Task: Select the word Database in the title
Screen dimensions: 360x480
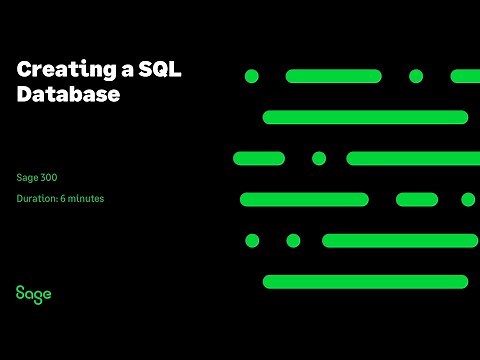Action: click(x=68, y=96)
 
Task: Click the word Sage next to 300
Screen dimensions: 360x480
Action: click(x=27, y=177)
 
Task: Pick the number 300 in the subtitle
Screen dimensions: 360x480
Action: click(x=49, y=177)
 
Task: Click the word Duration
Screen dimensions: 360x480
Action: click(x=36, y=199)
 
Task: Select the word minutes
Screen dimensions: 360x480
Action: click(x=87, y=199)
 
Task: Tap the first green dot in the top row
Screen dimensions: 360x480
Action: click(x=252, y=76)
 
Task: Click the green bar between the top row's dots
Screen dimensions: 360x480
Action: click(x=333, y=76)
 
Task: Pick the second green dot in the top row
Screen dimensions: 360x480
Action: click(x=416, y=76)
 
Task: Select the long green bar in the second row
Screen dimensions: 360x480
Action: click(x=365, y=117)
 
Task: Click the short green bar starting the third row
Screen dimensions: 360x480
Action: click(x=259, y=158)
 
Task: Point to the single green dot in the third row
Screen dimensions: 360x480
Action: click(x=319, y=158)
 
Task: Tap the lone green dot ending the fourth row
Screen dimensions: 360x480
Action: click(x=468, y=199)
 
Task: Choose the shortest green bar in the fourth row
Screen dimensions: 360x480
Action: click(x=417, y=199)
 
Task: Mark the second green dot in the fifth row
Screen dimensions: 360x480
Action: click(x=293, y=240)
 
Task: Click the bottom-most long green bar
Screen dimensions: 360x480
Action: click(x=365, y=281)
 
